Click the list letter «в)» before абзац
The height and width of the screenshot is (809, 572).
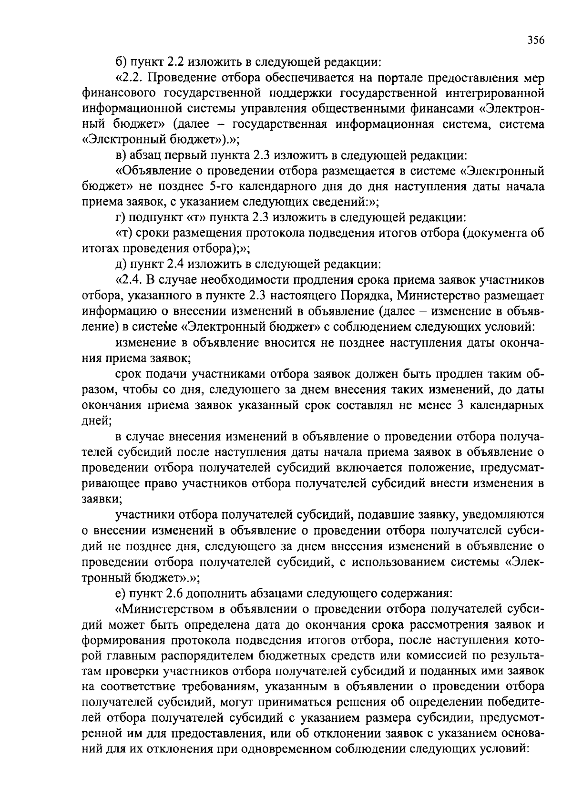[x=122, y=155]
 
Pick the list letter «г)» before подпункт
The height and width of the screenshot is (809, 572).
[x=121, y=217]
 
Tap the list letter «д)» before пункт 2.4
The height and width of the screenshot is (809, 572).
[x=122, y=264]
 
